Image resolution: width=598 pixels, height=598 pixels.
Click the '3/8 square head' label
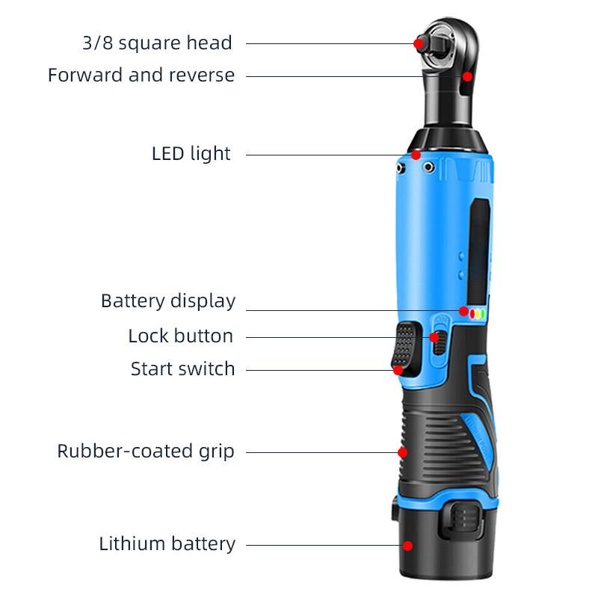pos(157,43)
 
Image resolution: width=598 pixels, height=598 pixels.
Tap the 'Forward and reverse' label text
pos(141,75)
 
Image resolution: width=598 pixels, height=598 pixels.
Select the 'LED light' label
pos(191,154)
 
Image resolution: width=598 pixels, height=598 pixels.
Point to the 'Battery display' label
pos(168,301)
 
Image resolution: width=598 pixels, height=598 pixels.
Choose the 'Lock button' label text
pos(180,336)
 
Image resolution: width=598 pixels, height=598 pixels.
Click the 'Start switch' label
pos(182,369)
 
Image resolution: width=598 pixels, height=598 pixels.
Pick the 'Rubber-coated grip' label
pos(146,451)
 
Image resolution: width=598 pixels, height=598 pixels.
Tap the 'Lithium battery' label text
pos(167,544)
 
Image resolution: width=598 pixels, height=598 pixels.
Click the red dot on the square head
pos(419,43)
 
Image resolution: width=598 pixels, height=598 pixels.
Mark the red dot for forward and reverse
pos(466,76)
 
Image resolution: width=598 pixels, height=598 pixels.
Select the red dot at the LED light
pos(416,155)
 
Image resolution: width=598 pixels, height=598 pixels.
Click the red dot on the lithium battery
pos(408,546)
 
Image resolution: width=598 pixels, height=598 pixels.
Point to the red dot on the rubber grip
pos(402,452)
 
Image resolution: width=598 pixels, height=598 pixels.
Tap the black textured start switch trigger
pos(404,345)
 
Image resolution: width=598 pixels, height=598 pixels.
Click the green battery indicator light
pos(483,314)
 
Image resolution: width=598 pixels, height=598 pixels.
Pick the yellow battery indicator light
pos(478,314)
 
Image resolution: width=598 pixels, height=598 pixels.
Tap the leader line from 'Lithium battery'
pos(321,545)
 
